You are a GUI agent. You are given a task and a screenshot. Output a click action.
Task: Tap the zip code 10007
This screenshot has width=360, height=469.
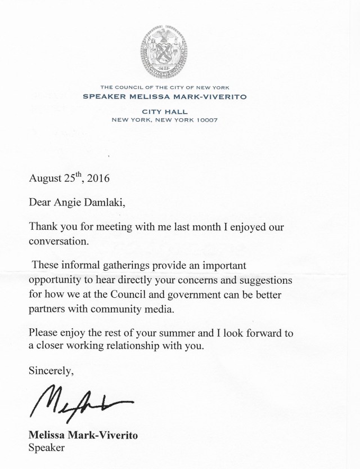point(205,120)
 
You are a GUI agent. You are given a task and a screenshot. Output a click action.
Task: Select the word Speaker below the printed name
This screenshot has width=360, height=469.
point(47,448)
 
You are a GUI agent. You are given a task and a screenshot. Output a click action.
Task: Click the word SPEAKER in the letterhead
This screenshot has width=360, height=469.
point(102,96)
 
